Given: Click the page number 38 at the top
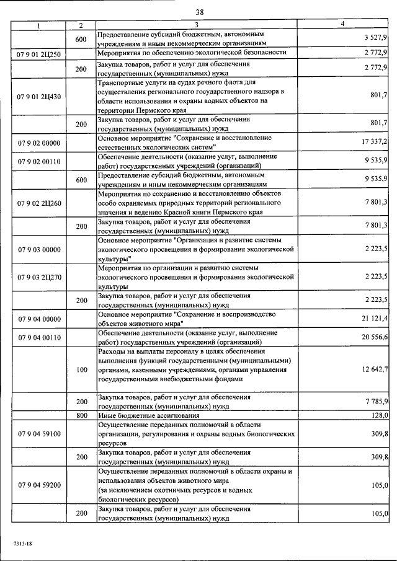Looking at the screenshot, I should click(x=200, y=12).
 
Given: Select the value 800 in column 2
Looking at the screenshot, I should click(x=81, y=415).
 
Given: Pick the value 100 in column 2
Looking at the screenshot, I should click(x=81, y=369).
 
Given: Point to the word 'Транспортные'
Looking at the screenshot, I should click(x=122, y=82).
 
